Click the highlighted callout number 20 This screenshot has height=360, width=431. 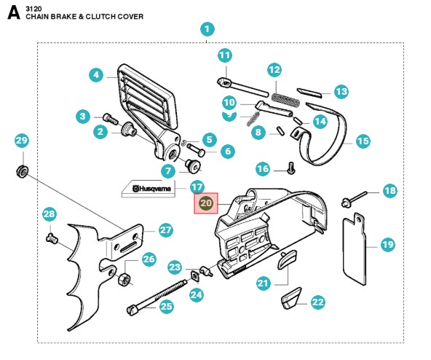pyautogui.click(x=206, y=203)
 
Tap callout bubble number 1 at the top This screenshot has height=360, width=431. pyautogui.click(x=207, y=29)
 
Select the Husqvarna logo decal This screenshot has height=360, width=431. pyautogui.click(x=149, y=189)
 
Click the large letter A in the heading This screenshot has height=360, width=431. pyautogui.click(x=14, y=13)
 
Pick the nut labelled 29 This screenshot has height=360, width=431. pyautogui.click(x=22, y=171)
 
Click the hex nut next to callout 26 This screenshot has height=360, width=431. pyautogui.click(x=124, y=279)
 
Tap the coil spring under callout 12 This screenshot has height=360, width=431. pyautogui.click(x=285, y=99)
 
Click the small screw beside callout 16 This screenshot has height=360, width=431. pyautogui.click(x=291, y=168)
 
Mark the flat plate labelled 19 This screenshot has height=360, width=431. pyautogui.click(x=355, y=249)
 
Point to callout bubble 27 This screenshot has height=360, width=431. pyautogui.click(x=165, y=230)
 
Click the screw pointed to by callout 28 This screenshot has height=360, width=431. pyautogui.click(x=52, y=238)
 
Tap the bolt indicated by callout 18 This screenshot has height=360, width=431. pyautogui.click(x=355, y=199)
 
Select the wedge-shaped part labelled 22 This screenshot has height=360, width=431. pyautogui.click(x=291, y=298)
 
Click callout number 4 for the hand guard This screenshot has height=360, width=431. pyautogui.click(x=96, y=75)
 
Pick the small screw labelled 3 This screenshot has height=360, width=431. pyautogui.click(x=111, y=119)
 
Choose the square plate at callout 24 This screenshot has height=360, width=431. pyautogui.click(x=195, y=276)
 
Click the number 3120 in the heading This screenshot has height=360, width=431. pyautogui.click(x=33, y=9)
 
